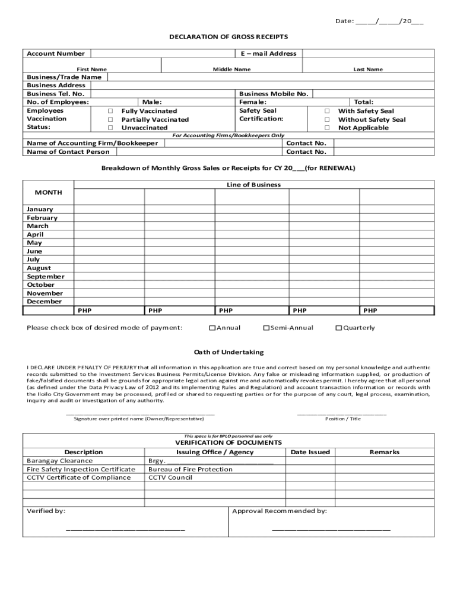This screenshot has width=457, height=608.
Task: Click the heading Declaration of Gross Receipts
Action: (228, 37)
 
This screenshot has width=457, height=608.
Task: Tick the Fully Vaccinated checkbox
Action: (110, 111)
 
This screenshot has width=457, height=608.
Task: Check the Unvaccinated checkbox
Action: (110, 128)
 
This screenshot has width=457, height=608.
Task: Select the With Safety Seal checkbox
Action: (327, 111)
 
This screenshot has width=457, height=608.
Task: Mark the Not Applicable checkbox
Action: (327, 128)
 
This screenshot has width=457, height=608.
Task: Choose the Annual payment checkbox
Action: (212, 328)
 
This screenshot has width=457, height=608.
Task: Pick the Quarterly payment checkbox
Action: (339, 328)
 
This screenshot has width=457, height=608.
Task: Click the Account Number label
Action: (56, 53)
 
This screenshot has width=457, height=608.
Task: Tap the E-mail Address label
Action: (268, 53)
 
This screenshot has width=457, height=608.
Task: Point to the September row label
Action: (46, 277)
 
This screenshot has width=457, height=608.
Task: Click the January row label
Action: (40, 209)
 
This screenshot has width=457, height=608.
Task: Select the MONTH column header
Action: (48, 192)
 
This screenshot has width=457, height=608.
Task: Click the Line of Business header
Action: (253, 185)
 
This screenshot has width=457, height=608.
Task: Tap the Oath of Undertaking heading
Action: (228, 352)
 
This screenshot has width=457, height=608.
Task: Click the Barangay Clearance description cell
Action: (60, 461)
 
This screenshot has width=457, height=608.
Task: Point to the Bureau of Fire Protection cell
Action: (191, 469)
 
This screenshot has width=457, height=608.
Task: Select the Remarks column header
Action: (384, 452)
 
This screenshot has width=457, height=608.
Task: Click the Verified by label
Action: (46, 511)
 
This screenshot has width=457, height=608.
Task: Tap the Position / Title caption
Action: (342, 419)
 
